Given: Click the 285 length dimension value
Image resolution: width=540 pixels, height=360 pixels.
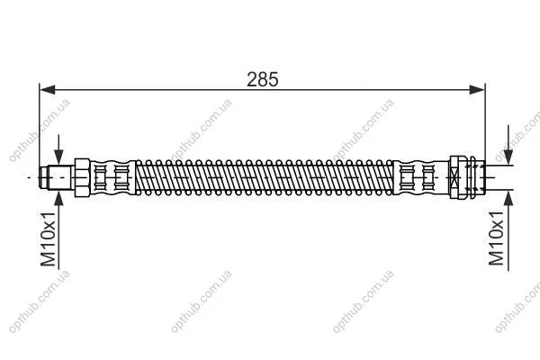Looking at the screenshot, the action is (263, 79).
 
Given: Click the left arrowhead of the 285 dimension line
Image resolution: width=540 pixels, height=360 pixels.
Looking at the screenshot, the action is (48, 90).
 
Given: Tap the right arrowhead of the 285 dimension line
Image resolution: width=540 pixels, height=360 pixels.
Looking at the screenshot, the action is (477, 90).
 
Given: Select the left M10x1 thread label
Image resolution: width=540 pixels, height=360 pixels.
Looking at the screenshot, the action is (48, 239).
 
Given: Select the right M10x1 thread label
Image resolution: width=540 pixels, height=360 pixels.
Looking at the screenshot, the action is (496, 238).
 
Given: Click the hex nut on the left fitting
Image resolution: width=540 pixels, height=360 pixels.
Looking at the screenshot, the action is (82, 177).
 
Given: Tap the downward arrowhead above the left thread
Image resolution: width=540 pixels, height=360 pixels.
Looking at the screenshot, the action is (58, 157).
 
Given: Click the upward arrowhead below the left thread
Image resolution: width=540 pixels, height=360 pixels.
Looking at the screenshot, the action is (58, 198).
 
